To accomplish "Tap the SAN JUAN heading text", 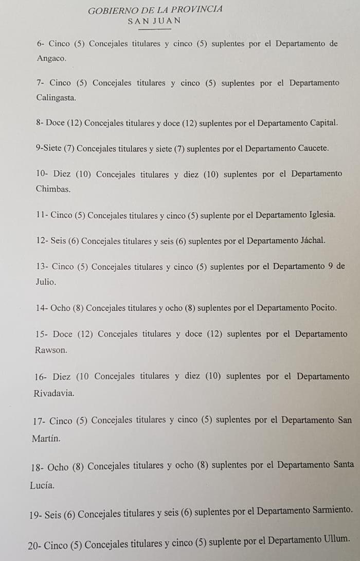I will tap(154, 21).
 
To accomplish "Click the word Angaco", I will tap(51, 59).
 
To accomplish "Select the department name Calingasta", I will tap(56, 98).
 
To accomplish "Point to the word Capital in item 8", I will tap(323, 123).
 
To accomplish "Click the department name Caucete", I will tap(313, 148).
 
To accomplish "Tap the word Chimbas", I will tap(53, 189).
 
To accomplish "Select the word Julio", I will tap(46, 282).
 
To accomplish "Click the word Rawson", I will tap(50, 350).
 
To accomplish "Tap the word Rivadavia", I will tap(53, 393).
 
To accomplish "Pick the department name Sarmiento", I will tap(333, 511).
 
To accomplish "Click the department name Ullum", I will tap(337, 540).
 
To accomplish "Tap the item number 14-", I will tap(42, 308).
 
